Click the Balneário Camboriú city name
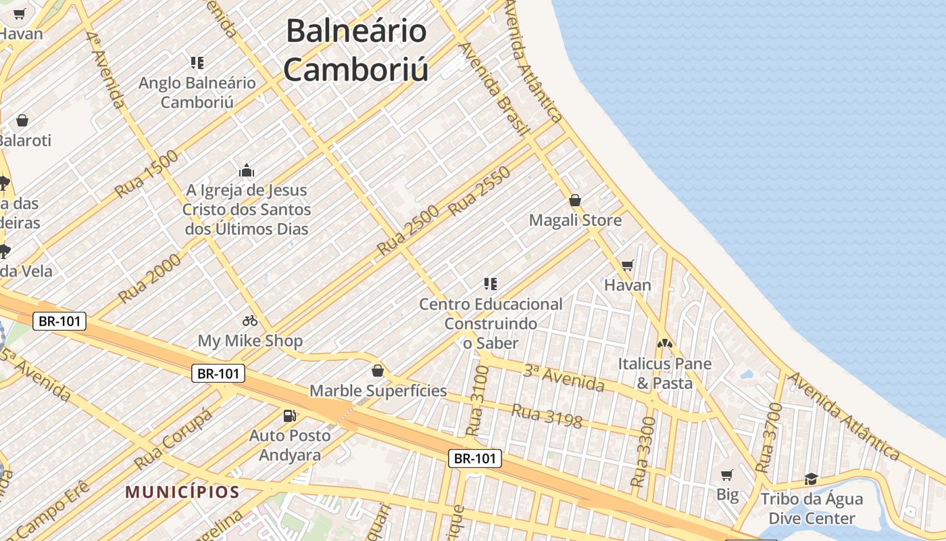pos(356,51)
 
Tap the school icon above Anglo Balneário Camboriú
pos(197,64)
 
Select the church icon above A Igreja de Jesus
pos(247,170)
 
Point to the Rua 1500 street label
pos(147,174)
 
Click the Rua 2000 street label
pos(150,278)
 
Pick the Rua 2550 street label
pos(479,191)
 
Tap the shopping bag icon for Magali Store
pos(575,200)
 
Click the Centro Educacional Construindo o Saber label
pos(491,323)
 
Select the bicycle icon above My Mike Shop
pos(250,321)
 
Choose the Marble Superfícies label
pos(378,390)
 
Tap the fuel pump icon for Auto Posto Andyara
pos(289,415)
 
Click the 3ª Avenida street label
pos(564,377)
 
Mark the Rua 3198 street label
pos(547,415)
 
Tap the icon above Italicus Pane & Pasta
pos(665,344)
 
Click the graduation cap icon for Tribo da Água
pos(811,479)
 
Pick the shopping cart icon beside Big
pos(727,475)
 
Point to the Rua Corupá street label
pos(173,439)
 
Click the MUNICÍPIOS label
pos(182,492)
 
